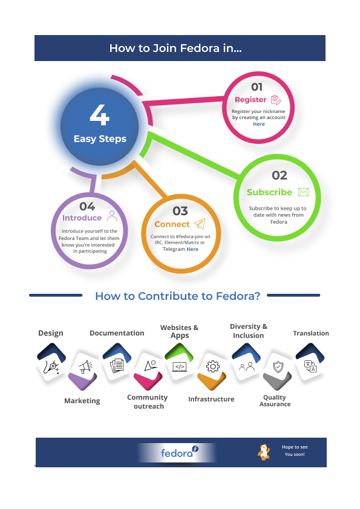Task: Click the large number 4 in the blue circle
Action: pos(99,115)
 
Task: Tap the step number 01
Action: pos(257,87)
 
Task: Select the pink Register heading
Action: pos(250,100)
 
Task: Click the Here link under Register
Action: pos(259,124)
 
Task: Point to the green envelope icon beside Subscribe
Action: pos(303,192)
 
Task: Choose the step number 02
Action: pos(280,175)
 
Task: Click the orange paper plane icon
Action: pos(200,224)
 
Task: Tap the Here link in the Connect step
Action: pos(192,249)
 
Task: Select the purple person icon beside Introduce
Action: pos(112,216)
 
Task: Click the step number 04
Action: pos(87,207)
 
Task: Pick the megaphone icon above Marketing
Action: pos(85,367)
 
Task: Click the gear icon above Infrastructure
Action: pos(213,366)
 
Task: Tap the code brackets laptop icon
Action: pos(180,367)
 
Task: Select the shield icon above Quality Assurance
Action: pos(278,367)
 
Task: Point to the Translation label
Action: pos(311,333)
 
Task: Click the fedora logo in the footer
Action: pos(179,452)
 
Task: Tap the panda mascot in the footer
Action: pos(264,452)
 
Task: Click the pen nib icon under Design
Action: pos(51,367)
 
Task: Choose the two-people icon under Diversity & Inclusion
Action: pos(247,367)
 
